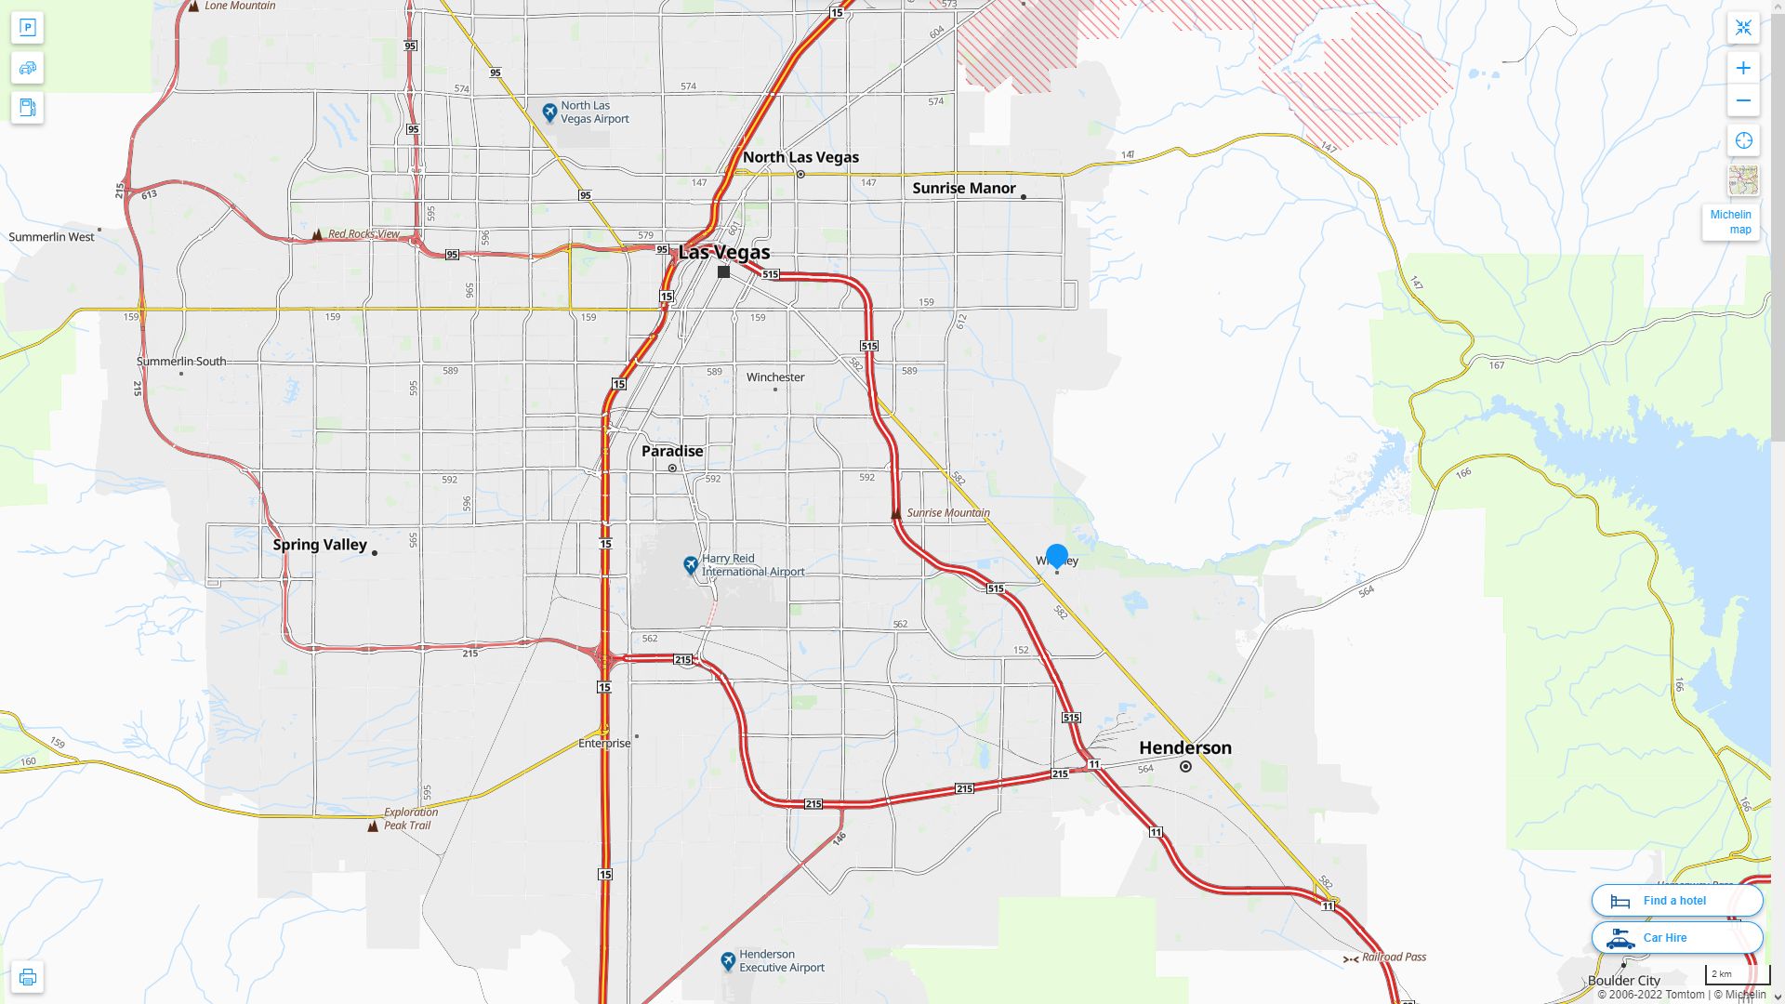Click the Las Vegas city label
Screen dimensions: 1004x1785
coord(724,253)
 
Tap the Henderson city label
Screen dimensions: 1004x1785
coord(1184,748)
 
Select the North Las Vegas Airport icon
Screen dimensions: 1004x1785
coord(549,112)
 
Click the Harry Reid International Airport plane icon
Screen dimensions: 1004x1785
coord(690,564)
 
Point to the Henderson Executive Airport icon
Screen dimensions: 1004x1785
coord(728,961)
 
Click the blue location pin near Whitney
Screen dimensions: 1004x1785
coord(1056,556)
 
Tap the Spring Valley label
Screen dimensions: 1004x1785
coord(320,545)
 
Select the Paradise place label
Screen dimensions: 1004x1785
coord(672,451)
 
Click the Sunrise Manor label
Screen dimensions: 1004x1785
coord(963,188)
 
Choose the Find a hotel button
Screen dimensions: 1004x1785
coord(1676,901)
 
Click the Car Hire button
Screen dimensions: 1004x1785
coord(1676,938)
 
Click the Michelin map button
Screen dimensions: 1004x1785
coord(1730,222)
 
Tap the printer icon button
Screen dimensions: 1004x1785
coord(27,977)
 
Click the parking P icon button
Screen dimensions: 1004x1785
coord(27,28)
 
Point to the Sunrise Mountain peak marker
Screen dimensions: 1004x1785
coord(895,513)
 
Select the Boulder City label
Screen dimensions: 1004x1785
coord(1623,981)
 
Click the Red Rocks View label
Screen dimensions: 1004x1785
coord(364,234)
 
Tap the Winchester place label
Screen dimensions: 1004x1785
coord(775,377)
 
